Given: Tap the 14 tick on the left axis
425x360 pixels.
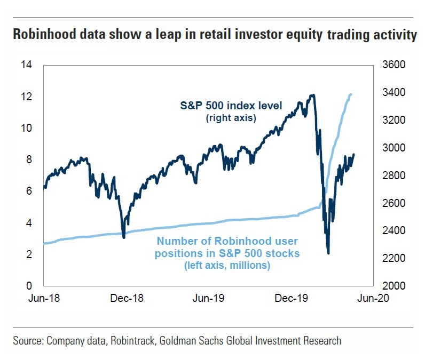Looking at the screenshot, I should coord(26,65).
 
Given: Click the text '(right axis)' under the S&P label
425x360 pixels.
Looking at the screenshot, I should coord(231,118).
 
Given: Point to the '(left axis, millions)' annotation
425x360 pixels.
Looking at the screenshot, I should coord(227,265).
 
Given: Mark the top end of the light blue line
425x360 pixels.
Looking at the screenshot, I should coord(351,95).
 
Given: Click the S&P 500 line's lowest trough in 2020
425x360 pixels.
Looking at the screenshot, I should coord(328,253).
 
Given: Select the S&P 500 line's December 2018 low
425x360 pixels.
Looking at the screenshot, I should coord(124,237).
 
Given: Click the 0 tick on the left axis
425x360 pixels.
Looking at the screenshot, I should coord(29,286).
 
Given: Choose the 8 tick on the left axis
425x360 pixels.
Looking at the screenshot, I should coord(29,159).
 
